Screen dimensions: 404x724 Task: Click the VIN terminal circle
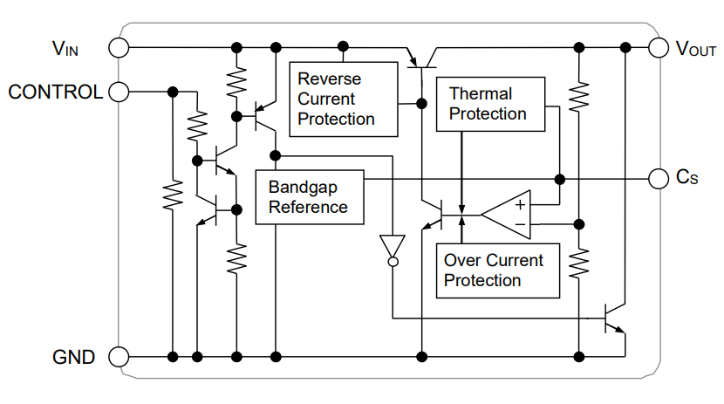119,47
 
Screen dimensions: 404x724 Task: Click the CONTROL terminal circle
119,91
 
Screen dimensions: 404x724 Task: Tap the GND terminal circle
119,356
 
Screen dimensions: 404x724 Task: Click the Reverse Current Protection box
342,99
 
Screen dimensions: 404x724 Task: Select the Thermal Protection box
490,104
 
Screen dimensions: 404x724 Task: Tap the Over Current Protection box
497,270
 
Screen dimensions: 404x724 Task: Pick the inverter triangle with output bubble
393,248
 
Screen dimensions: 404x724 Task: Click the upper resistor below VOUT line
578,97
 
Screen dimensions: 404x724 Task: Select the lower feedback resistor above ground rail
578,261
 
